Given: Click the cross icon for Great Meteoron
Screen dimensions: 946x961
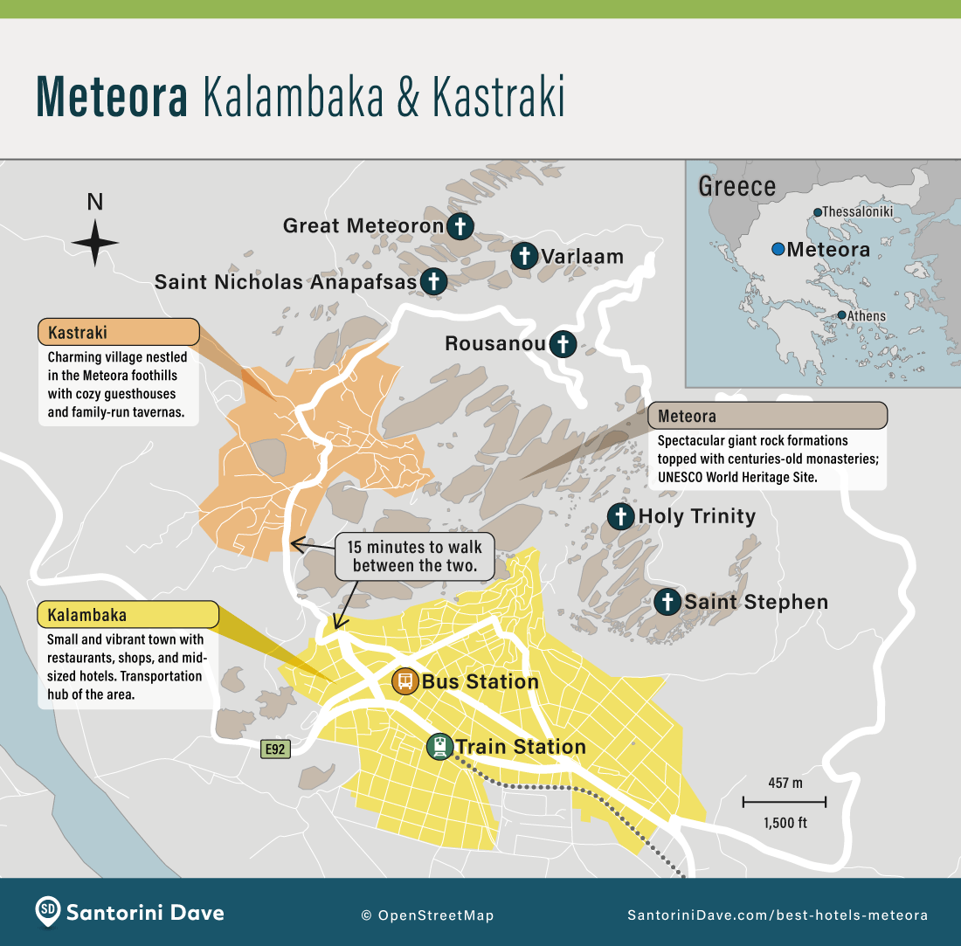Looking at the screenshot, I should coord(460,226).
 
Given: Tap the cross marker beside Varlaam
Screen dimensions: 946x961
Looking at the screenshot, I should coord(524,256).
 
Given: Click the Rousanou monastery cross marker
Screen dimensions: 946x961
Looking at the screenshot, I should coord(563,343).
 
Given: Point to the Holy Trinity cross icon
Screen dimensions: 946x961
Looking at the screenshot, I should coord(620,516).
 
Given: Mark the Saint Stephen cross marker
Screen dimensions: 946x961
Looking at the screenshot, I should coord(667,601).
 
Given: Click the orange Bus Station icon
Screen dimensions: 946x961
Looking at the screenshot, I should coord(404,680).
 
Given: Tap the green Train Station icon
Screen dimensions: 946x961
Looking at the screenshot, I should coord(439,746).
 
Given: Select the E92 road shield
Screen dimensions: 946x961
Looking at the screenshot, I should coord(275,749).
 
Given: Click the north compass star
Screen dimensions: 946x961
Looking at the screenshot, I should coord(95,243).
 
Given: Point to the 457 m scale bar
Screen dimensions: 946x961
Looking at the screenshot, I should coord(784,801).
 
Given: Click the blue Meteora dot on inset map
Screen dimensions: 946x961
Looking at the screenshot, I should coord(778,250).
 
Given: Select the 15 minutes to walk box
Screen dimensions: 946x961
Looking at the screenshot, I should coord(415,556).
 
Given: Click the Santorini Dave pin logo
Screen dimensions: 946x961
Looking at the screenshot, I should coord(48,912).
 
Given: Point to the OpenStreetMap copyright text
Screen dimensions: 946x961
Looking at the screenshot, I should coord(427,915).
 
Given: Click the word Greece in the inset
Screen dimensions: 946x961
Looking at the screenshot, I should coord(736,187).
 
